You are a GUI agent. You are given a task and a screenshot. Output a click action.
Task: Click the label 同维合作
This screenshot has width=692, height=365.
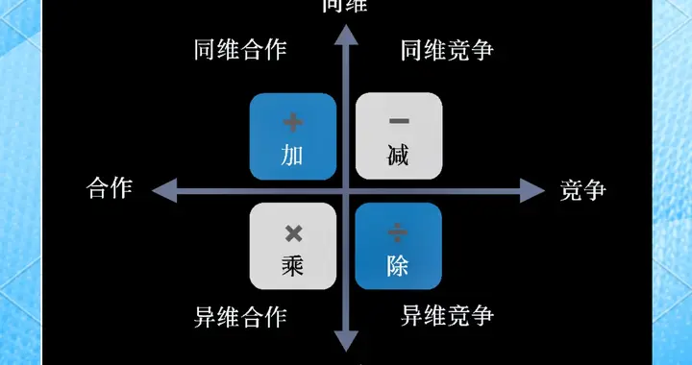pos(239,50)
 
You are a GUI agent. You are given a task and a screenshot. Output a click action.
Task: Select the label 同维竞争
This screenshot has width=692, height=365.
pos(447,50)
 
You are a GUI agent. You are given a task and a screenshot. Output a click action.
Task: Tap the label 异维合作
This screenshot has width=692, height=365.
pos(239,315)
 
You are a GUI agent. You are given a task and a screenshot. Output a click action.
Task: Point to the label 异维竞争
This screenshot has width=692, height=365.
pos(447,315)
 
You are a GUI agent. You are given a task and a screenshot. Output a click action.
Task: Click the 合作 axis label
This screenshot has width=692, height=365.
pos(109,188)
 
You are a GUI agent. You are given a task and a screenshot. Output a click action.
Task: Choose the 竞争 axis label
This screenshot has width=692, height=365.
pos(582,189)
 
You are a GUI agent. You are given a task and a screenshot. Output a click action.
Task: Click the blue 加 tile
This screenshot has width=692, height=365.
pos(293,136)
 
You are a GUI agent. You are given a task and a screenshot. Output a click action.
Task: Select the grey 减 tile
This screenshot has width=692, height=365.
pos(399,136)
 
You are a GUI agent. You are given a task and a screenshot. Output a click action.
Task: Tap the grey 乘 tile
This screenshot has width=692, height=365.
pos(293,246)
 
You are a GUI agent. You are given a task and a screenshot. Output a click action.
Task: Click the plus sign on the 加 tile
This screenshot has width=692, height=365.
pos(293,122)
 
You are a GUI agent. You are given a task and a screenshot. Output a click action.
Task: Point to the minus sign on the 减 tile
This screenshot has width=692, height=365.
pos(399,121)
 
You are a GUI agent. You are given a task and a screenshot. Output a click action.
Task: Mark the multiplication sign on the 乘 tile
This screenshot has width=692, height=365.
pos(293,232)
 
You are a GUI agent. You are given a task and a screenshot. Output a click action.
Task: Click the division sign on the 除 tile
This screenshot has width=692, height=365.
pos(398,232)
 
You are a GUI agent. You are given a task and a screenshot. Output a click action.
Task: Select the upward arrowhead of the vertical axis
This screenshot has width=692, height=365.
pos(346,37)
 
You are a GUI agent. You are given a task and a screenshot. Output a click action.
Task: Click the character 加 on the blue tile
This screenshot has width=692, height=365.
pos(293,155)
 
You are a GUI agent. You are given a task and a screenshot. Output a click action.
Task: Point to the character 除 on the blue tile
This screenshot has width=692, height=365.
pos(398,265)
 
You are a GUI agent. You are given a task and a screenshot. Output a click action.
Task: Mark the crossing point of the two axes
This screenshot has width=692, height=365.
pos(346,189)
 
